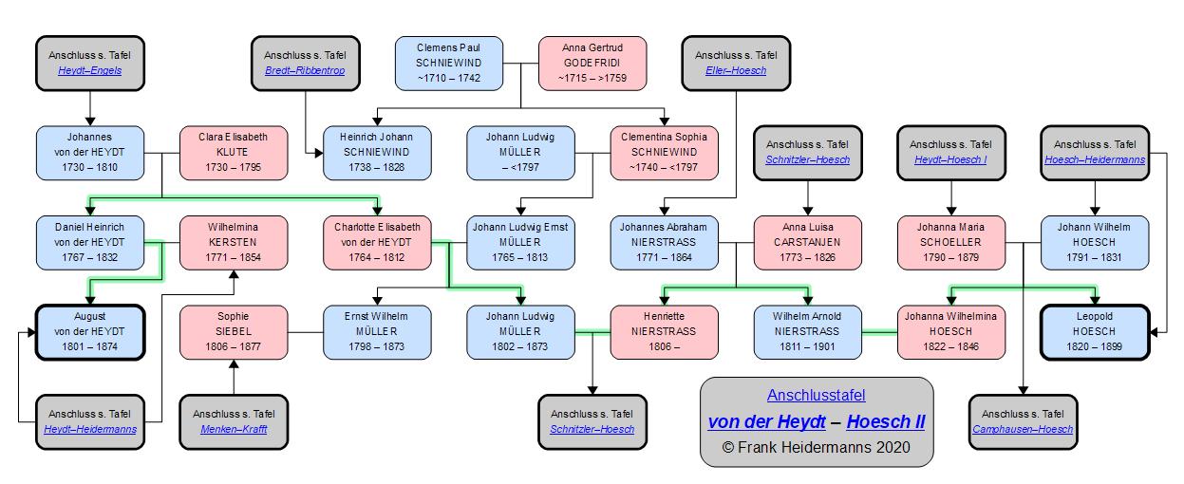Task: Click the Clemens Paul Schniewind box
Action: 448,63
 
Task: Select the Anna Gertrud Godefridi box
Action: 592,63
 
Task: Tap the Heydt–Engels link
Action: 89,70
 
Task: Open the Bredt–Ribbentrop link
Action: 305,70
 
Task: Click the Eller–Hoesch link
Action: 736,70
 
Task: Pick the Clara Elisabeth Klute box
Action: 233,152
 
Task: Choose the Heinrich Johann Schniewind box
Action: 377,152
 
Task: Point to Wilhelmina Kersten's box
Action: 233,243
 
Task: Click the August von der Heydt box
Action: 89,331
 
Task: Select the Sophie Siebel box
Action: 233,331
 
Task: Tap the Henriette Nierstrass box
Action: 664,331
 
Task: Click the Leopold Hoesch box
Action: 1095,331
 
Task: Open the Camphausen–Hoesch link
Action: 1023,430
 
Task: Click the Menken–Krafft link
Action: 233,430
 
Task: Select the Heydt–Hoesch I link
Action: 950,159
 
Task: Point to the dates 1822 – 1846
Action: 950,347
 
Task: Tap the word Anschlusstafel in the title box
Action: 817,395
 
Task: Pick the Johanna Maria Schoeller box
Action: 950,243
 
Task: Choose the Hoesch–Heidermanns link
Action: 1095,159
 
